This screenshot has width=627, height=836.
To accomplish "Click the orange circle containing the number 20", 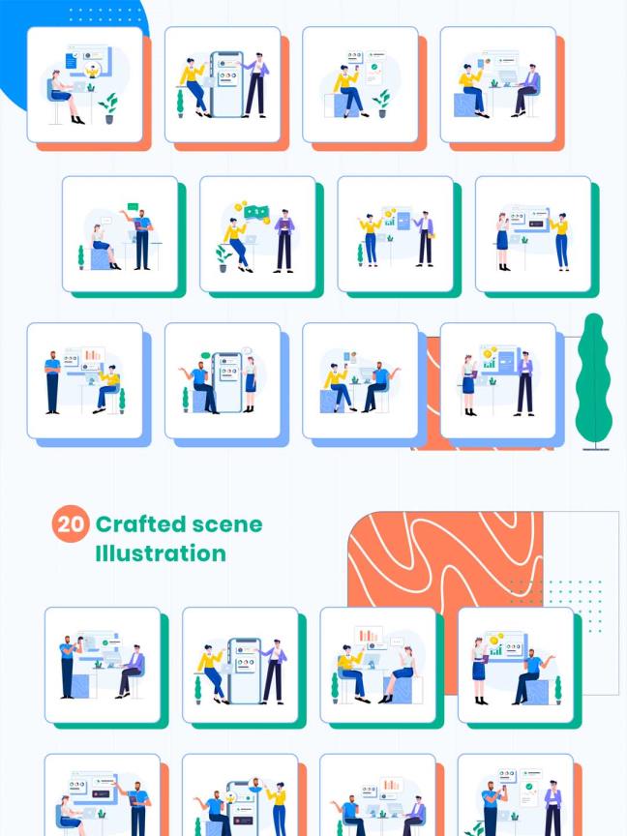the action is point(71,523).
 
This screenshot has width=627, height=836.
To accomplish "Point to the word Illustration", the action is point(161,552).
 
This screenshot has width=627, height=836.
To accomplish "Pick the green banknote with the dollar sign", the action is point(256,212).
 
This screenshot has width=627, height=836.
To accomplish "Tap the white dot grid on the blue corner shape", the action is point(103,15).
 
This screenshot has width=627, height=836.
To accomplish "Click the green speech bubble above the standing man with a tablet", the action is point(133,206).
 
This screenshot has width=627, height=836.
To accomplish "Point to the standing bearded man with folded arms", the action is point(52,382).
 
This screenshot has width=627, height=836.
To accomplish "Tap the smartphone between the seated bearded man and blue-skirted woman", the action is point(227,381).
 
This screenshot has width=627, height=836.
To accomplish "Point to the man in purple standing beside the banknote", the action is point(284,241).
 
